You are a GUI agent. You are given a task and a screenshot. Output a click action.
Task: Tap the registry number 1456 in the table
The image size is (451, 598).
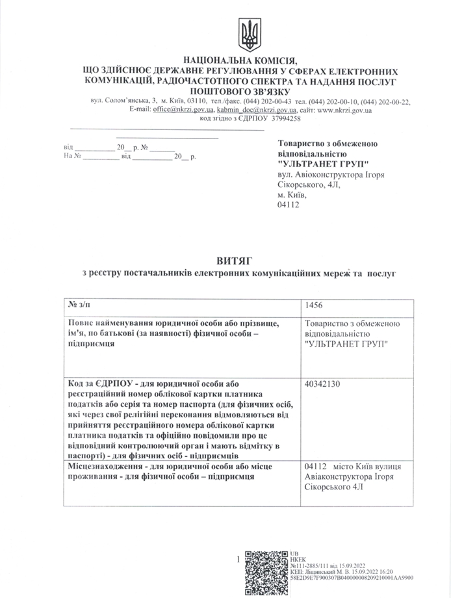[314, 304]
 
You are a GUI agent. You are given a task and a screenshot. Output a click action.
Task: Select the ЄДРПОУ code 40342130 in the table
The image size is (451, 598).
[323, 383]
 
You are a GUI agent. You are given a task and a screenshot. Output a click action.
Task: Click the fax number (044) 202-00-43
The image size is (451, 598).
[266, 101]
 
